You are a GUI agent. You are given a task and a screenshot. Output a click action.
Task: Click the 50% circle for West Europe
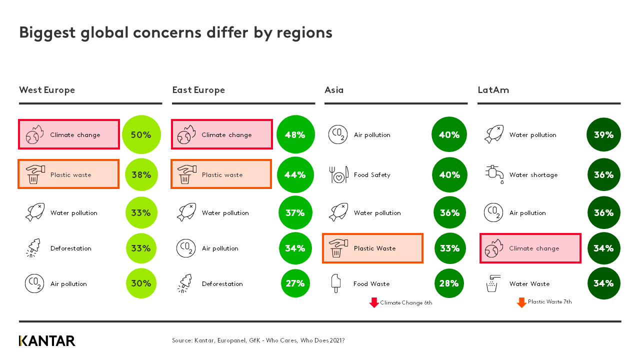pyautogui.click(x=141, y=134)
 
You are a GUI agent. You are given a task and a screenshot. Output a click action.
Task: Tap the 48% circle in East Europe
pyautogui.click(x=295, y=134)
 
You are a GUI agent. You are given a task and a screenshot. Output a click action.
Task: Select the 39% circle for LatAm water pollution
pyautogui.click(x=603, y=134)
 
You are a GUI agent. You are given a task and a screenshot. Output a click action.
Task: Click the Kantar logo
pyautogui.click(x=47, y=341)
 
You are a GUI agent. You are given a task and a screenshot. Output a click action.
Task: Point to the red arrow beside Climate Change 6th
pyautogui.click(x=374, y=302)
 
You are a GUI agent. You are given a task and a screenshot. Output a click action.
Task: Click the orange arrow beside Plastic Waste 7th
pyautogui.click(x=521, y=302)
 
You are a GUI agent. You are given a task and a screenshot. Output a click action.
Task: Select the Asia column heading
pyautogui.click(x=334, y=90)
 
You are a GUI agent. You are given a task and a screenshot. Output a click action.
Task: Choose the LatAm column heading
pyautogui.click(x=493, y=90)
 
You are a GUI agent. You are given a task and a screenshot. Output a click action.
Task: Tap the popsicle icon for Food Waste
pyautogui.click(x=335, y=283)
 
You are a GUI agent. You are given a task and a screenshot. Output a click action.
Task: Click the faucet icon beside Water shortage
pyautogui.click(x=494, y=174)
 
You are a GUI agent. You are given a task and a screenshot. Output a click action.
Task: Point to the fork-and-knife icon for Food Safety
pyautogui.click(x=338, y=174)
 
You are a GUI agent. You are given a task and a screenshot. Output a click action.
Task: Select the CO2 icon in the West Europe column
pyautogui.click(x=34, y=283)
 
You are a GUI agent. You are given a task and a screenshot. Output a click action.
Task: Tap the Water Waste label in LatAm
pyautogui.click(x=529, y=284)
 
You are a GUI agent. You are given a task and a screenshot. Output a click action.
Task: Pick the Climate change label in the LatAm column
pyautogui.click(x=534, y=248)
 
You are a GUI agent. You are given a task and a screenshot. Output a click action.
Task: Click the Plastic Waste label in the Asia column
pyautogui.click(x=374, y=248)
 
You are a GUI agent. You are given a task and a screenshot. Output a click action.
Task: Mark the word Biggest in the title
pyautogui.click(x=47, y=32)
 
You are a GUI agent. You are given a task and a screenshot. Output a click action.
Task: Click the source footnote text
pyautogui.click(x=258, y=340)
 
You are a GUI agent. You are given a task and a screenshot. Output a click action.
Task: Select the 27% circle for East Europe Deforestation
pyautogui.click(x=295, y=283)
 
